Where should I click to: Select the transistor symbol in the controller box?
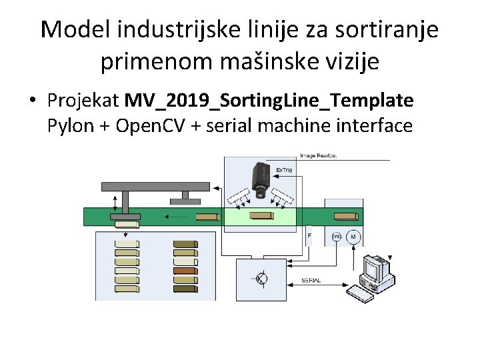261,279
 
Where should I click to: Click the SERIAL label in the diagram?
311,281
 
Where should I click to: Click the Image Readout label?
318,155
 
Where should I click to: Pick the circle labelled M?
353,237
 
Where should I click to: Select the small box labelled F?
309,237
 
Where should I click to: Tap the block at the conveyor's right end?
345,216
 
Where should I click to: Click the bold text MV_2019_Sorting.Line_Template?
269,101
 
